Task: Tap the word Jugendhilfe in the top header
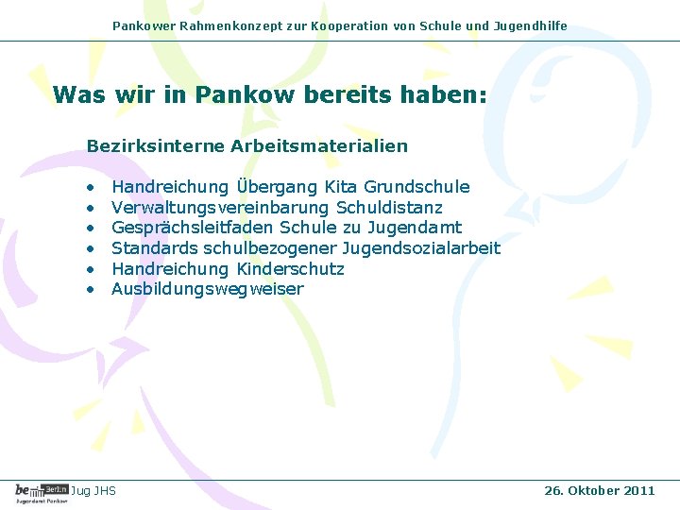pyautogui.click(x=531, y=26)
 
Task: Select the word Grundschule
pyautogui.click(x=416, y=187)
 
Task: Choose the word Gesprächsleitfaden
pyautogui.click(x=193, y=228)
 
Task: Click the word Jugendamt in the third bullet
pyautogui.click(x=415, y=228)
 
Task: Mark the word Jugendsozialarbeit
pyautogui.click(x=420, y=248)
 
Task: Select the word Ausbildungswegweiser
pyautogui.click(x=208, y=289)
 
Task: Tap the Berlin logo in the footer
pyautogui.click(x=42, y=490)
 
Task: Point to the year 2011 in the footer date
pyautogui.click(x=638, y=490)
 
